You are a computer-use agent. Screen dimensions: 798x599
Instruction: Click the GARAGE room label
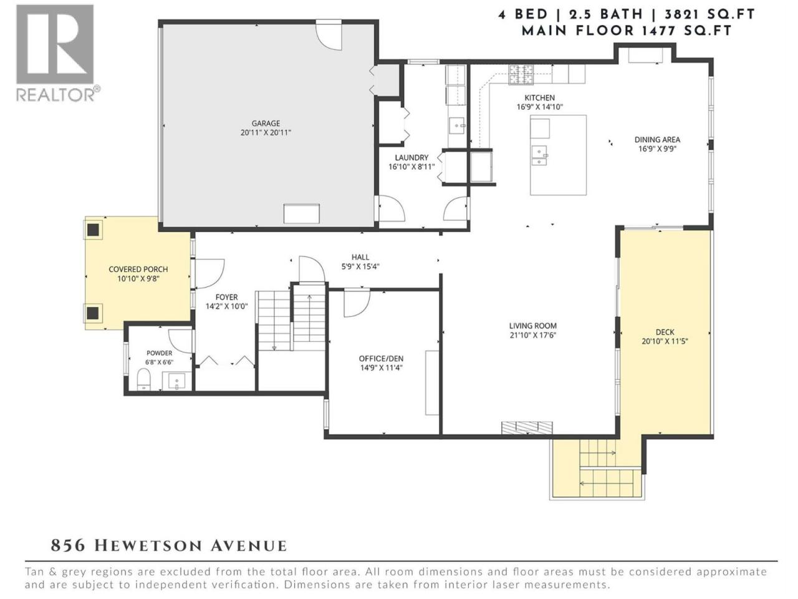266,124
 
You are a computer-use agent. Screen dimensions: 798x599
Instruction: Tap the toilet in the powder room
145,379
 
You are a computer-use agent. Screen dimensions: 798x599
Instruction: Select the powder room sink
176,381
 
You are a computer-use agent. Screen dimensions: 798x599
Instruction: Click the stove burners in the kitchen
521,74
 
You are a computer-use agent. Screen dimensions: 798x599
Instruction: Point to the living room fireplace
527,427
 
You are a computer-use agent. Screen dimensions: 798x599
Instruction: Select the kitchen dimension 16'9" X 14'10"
540,107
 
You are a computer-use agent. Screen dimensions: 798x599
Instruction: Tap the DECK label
665,332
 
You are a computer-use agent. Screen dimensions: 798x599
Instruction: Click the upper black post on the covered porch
94,230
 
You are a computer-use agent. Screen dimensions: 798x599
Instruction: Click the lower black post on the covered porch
93,313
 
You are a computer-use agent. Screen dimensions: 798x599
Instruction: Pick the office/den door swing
357,303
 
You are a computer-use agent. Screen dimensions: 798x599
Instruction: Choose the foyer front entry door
209,273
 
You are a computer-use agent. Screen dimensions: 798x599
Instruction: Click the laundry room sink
456,125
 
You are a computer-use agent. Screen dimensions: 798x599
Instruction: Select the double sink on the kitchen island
540,155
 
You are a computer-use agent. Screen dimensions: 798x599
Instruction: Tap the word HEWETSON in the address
148,546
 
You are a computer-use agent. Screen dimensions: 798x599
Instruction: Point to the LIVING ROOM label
533,326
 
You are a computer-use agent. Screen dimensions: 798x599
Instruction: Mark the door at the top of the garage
329,35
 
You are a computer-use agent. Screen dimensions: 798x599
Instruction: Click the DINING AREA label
657,139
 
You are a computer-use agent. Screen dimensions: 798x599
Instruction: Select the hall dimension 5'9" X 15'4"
360,266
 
